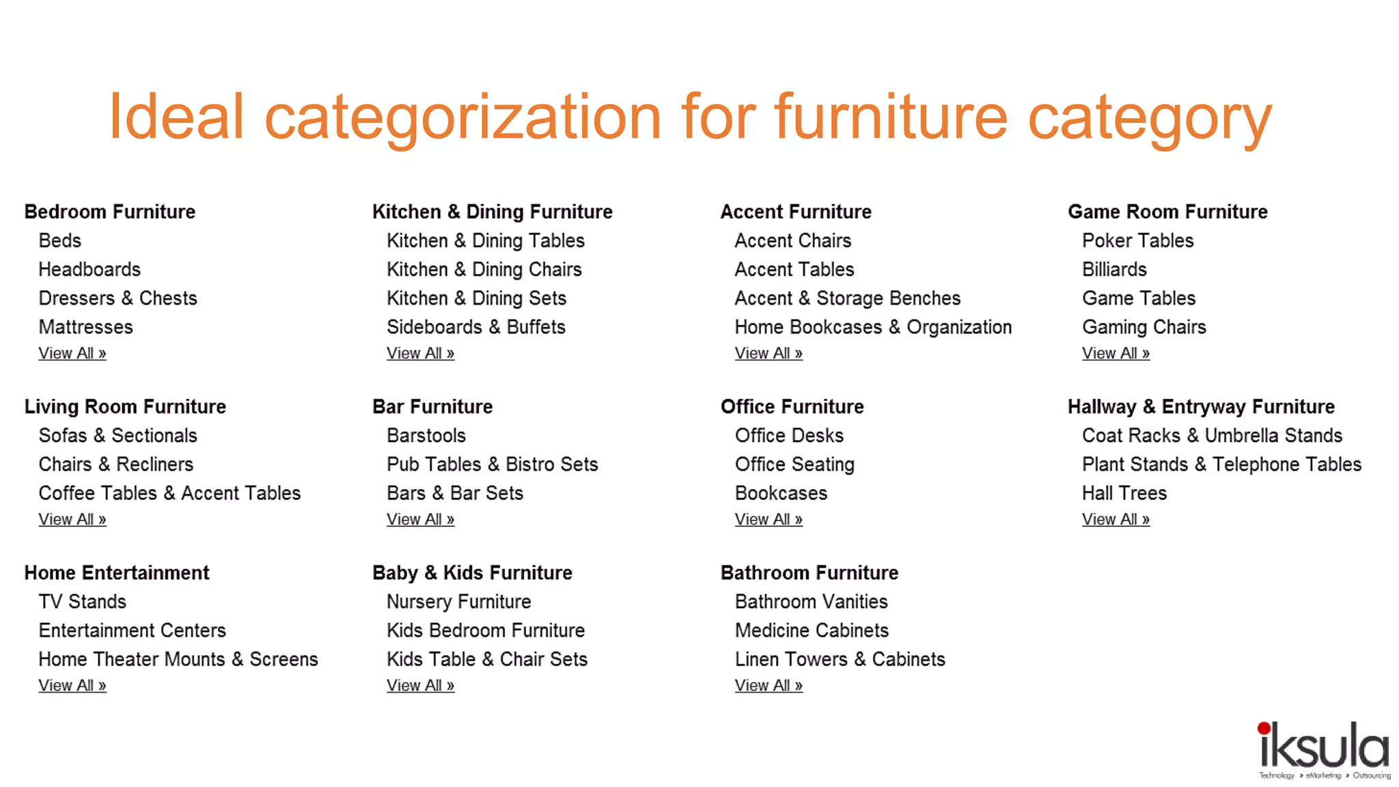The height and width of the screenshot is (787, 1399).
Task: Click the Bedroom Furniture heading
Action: (109, 212)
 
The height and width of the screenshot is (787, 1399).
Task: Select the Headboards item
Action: (89, 269)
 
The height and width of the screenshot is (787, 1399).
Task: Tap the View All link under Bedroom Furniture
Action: (72, 353)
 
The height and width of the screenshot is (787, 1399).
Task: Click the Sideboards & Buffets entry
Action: (475, 327)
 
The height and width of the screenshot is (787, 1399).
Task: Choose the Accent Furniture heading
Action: (796, 212)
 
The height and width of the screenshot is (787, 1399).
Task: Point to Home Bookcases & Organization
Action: (873, 327)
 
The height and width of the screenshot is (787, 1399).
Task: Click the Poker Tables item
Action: (1137, 240)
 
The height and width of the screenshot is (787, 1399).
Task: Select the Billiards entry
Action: (1114, 269)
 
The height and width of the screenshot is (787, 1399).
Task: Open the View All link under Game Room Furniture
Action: (1116, 353)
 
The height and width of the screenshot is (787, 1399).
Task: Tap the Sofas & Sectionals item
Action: (117, 435)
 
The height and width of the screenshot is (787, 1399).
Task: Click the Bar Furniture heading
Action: (432, 406)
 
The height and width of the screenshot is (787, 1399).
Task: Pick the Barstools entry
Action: (426, 435)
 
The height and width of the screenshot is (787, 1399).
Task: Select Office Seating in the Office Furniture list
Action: (794, 465)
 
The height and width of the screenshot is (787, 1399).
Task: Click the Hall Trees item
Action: (1124, 493)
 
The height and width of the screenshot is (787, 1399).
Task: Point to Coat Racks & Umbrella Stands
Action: (1212, 435)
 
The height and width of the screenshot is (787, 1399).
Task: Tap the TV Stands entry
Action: (83, 602)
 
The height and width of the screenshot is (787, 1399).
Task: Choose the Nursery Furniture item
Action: (458, 602)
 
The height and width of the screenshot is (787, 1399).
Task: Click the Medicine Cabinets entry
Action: (812, 631)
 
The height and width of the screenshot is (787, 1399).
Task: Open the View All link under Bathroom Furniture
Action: (768, 685)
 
